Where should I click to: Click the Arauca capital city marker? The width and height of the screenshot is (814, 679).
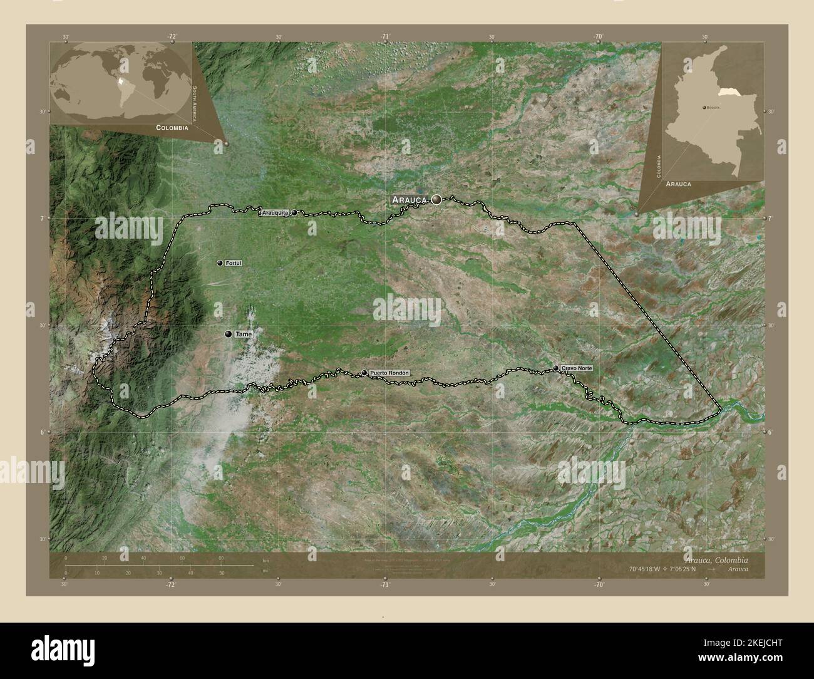click(436, 200)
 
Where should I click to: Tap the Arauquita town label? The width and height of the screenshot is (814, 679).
click(275, 213)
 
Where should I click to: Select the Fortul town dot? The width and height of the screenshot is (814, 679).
click(220, 264)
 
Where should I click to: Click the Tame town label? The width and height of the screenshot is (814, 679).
click(244, 334)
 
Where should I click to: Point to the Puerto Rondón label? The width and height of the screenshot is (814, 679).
click(389, 373)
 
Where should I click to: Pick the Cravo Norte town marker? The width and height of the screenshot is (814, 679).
click(556, 368)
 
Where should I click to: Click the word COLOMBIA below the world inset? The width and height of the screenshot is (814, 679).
click(172, 127)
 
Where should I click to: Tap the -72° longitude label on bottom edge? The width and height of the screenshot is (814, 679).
click(170, 584)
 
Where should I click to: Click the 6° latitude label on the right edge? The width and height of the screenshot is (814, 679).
click(770, 432)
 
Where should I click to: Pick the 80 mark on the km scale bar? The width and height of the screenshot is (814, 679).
click(220, 558)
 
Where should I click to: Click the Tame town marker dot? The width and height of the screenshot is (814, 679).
click(229, 334)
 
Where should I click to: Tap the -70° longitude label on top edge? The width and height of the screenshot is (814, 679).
click(599, 37)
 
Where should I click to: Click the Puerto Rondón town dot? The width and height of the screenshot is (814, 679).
click(364, 373)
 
